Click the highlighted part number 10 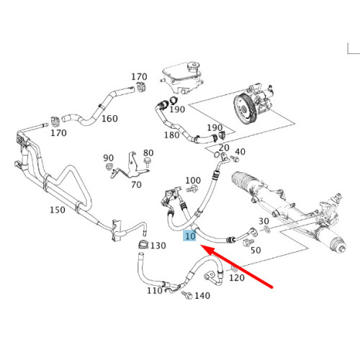click(190, 236)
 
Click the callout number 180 click(171, 135)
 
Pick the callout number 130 click(158, 246)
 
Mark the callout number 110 click(154, 291)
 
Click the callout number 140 click(202, 296)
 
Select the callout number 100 click(193, 181)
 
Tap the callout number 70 click(135, 184)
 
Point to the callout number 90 click(109, 158)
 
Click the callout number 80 click(148, 153)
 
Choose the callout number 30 click(264, 221)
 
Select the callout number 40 click(240, 152)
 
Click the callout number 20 click(224, 148)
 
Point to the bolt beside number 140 click(186, 295)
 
